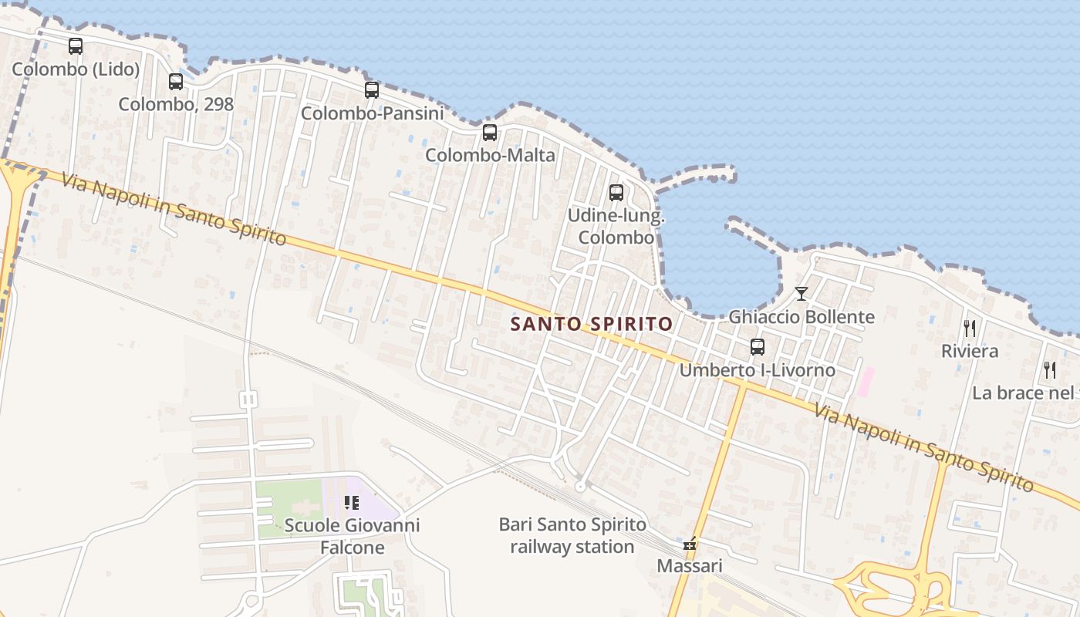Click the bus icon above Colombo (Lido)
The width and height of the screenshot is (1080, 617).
[75, 46]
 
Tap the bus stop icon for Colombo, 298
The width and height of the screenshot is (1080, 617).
[176, 81]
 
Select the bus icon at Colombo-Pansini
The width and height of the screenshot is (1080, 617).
[372, 90]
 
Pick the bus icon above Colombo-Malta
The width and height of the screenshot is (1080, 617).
[490, 133]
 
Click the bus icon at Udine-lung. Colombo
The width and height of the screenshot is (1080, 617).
[616, 193]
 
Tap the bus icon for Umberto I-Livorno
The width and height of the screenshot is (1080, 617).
[758, 347]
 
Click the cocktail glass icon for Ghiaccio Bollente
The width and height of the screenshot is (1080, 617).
[802, 294]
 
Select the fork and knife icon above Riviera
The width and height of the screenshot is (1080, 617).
[970, 329]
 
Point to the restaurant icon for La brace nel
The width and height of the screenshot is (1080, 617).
[1049, 370]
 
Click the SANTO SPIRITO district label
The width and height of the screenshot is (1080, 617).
[592, 324]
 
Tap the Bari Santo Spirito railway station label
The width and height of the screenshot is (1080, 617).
[572, 536]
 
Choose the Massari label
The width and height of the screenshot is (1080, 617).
[690, 566]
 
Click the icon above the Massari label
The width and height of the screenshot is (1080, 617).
[690, 545]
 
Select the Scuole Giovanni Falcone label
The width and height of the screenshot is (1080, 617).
[352, 536]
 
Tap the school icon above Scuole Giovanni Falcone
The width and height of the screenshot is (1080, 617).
[352, 503]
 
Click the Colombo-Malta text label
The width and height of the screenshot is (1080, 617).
[490, 155]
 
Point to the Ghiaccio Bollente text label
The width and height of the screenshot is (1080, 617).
[802, 317]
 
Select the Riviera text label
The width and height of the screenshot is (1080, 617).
[970, 351]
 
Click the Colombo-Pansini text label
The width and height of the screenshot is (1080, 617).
[372, 113]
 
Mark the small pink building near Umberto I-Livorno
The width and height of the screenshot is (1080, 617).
[866, 382]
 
